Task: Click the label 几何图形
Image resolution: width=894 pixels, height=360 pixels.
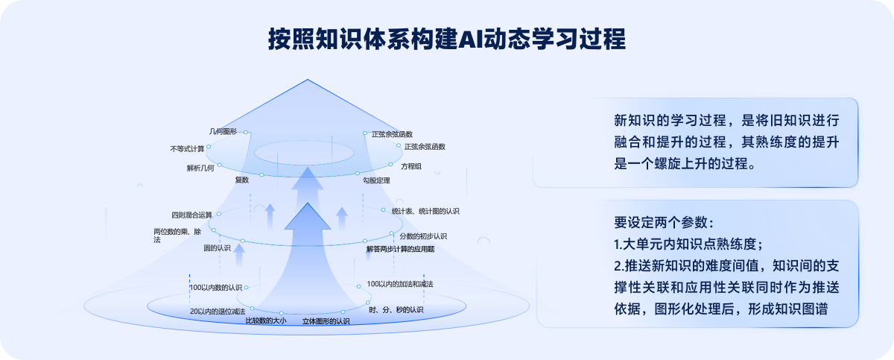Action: pos(223,132)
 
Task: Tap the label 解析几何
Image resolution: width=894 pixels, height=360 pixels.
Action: pos(200,168)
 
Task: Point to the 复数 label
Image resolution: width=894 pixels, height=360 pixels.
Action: pos(242,180)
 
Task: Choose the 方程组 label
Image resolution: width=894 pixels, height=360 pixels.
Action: pos(411,165)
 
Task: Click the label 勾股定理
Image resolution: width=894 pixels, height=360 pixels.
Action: pos(376,180)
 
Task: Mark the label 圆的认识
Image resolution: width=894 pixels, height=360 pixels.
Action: pos(218,247)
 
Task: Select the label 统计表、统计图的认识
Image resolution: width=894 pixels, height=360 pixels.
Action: pos(425,212)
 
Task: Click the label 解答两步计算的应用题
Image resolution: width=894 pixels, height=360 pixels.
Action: pos(400,250)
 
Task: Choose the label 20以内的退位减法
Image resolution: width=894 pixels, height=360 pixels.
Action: pos(218,311)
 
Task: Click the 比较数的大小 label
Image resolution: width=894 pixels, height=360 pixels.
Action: pos(265,321)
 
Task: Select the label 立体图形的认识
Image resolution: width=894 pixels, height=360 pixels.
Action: pos(326,321)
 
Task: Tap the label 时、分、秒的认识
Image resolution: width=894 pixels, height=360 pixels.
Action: pos(396,309)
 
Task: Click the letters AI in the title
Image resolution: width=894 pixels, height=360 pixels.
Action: pos(469,39)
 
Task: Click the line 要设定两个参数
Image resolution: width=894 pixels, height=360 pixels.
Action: pos(663,222)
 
